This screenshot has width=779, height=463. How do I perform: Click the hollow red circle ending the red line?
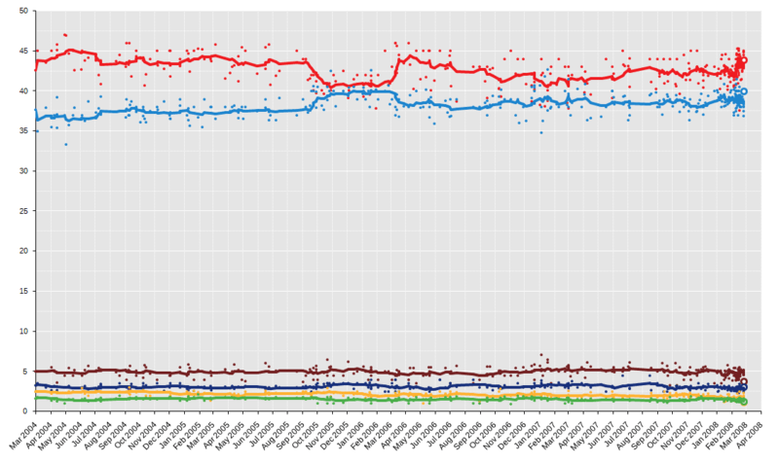click(x=744, y=60)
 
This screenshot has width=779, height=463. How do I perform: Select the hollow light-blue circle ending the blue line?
click(x=744, y=91)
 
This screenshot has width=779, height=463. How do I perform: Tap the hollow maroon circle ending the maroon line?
click(x=744, y=382)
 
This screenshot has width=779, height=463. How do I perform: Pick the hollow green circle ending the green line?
click(x=744, y=402)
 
